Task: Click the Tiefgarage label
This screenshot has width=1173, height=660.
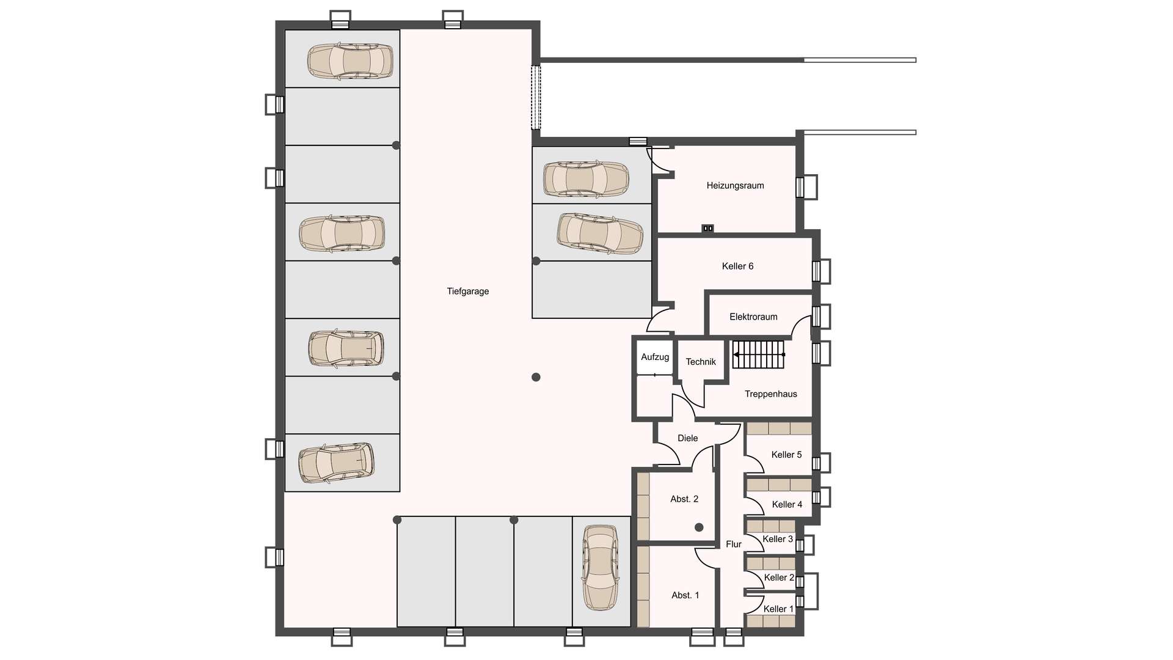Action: [x=467, y=291]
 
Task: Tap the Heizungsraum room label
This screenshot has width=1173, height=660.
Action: [x=735, y=186]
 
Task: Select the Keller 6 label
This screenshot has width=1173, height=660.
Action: [x=737, y=266]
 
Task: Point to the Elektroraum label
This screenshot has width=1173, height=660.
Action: [x=753, y=317]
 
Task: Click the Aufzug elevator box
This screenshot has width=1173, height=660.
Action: [x=655, y=358]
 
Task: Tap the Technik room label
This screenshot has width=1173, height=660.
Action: [x=701, y=362]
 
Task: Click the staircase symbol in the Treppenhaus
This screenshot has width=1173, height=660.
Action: [x=758, y=354]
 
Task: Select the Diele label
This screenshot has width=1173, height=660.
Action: [x=687, y=438]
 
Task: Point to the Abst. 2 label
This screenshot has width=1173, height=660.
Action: [x=684, y=499]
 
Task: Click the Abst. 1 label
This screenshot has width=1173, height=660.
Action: [x=685, y=595]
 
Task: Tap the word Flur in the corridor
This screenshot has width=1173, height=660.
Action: [x=733, y=544]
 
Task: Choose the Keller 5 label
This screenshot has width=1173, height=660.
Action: [x=786, y=455]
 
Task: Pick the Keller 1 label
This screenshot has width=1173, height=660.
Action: [x=778, y=609]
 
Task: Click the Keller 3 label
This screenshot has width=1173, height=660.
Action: [x=778, y=539]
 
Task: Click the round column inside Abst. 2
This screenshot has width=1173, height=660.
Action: [x=699, y=527]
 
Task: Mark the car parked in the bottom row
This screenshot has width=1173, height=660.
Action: [x=601, y=568]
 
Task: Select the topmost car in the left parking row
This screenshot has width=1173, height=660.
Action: [x=349, y=61]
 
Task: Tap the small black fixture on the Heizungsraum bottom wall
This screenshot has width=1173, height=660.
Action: [x=707, y=229]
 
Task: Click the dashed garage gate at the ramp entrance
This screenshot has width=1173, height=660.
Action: [x=536, y=97]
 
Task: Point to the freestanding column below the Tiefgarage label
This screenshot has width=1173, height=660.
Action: [x=536, y=377]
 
